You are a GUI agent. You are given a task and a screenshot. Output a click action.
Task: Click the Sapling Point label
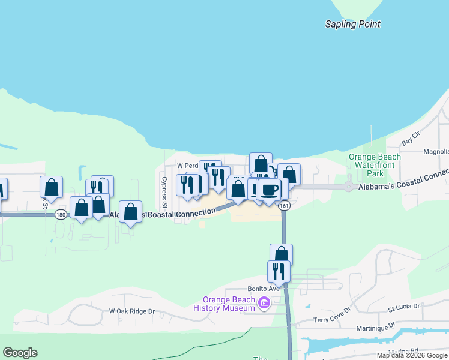coord(352,25)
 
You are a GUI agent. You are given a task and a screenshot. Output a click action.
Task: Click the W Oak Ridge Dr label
coord(131,311)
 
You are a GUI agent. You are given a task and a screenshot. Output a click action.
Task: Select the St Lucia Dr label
coord(406,307)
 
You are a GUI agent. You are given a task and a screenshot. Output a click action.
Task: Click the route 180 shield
coord(61,214)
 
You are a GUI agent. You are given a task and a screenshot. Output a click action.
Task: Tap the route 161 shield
coord(285,206)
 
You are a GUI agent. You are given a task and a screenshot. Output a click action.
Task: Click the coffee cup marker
coord(270,189)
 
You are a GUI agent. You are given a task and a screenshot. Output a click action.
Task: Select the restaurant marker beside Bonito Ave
coord(279,271)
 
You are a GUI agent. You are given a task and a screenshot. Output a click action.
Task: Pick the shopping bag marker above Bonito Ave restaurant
coord(281,254)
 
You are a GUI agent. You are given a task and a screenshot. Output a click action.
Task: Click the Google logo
coord(20,353)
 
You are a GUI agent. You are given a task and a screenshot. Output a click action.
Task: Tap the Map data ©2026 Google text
coord(412,355)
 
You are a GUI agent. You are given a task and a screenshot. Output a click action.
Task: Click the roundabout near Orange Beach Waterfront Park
coord(349,187)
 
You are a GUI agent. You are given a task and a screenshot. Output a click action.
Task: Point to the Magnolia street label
coord(436,152)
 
